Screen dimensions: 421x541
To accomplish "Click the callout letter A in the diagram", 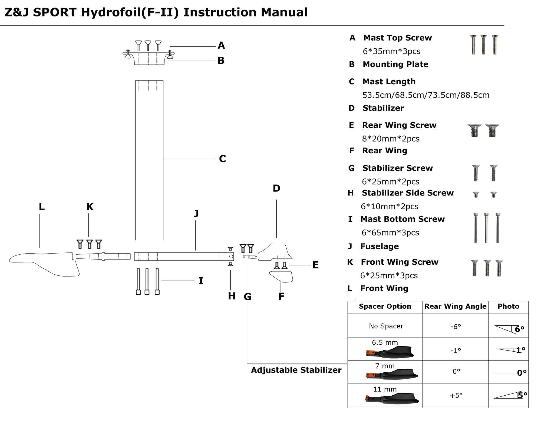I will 221,45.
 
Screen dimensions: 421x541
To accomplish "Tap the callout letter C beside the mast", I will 222,159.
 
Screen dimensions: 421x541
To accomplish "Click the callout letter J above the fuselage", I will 196,214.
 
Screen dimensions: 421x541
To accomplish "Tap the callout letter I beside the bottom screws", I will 201,281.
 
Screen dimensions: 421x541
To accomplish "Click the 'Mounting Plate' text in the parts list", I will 395,64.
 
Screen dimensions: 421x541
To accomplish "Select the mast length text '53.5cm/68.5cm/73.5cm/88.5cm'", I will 426,95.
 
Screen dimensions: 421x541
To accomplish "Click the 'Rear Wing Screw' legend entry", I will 399,125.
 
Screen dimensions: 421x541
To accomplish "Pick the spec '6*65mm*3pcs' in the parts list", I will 390,233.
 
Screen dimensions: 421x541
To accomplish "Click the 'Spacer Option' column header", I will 385,307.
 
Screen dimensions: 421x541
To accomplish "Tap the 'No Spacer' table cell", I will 386,326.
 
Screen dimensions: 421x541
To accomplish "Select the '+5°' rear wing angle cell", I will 456,396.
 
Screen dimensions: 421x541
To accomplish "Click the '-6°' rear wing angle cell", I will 456,327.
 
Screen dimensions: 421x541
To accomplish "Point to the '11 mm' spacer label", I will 385,389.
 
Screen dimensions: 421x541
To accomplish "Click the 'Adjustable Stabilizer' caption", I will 296,370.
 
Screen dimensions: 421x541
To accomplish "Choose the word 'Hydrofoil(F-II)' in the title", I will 130,12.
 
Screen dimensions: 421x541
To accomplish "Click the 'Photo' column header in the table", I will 508,307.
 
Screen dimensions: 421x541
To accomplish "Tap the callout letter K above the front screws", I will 90,207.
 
